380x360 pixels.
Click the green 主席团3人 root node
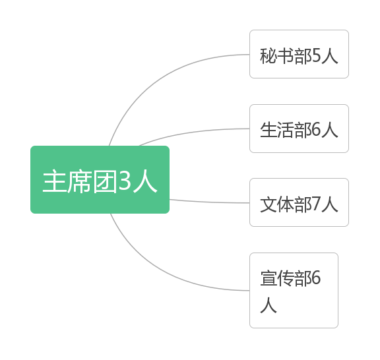100,179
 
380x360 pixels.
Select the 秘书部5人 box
299,54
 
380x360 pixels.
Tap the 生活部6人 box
299,129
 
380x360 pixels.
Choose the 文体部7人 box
299,202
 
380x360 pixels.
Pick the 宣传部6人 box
294,291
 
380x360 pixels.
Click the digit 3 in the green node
125,181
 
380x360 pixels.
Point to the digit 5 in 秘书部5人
317,55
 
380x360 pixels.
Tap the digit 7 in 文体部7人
317,204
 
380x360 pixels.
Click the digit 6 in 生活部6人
317,130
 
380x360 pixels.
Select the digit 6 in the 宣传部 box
317,278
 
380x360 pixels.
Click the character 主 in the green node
55,181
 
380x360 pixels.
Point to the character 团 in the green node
106,181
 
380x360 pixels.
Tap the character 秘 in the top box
269,56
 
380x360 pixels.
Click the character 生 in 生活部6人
269,130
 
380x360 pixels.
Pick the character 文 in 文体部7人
269,204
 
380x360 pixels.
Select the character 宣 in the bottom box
269,278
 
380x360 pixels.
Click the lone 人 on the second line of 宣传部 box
269,305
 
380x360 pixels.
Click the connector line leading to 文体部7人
209,202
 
